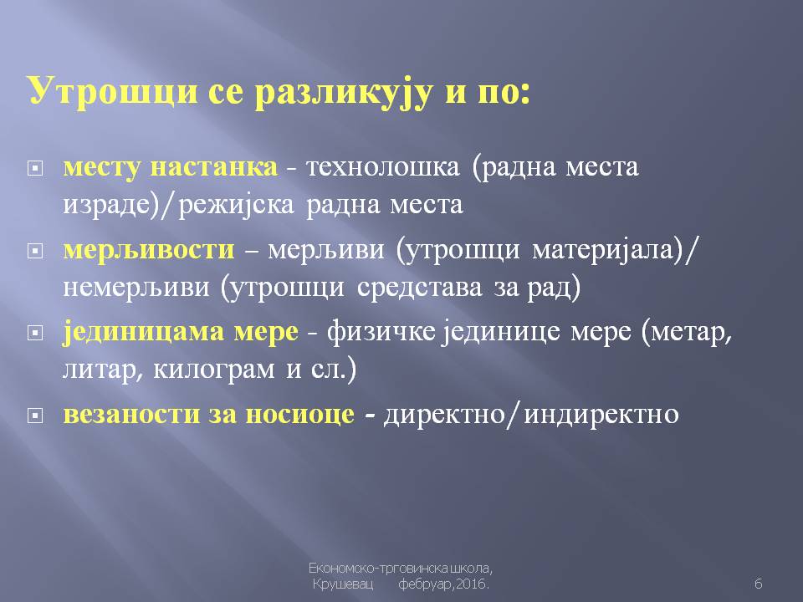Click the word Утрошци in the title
[113, 92]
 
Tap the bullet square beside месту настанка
[35, 168]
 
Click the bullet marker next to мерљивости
[35, 251]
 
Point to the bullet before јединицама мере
[35, 333]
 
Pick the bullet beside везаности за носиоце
[35, 416]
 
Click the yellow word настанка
[213, 167]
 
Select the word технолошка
[382, 167]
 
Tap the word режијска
[237, 205]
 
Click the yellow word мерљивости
[149, 251]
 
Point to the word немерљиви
[136, 288]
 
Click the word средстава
[419, 288]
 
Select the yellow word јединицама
[143, 333]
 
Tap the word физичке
[381, 332]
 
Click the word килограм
[213, 370]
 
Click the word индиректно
[601, 415]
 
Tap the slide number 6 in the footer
[759, 584]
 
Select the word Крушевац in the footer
[343, 584]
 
